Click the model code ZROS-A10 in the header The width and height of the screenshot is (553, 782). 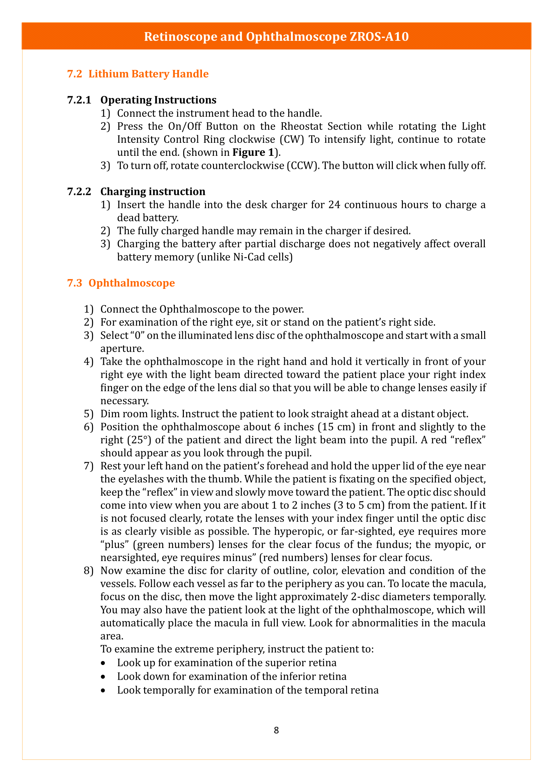[379, 36]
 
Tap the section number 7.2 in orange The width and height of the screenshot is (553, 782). [75, 74]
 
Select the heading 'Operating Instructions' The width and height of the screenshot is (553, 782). [158, 100]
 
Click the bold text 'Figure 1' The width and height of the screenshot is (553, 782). [253, 152]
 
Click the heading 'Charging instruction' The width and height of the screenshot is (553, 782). [153, 192]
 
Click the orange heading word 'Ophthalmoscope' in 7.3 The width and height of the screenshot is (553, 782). [132, 283]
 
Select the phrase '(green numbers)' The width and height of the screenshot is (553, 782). [173, 545]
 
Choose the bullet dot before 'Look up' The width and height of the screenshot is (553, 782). [103, 663]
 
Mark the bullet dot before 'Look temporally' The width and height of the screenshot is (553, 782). [103, 690]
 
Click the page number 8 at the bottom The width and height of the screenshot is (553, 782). [276, 730]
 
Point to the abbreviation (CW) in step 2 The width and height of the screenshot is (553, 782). [292, 139]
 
